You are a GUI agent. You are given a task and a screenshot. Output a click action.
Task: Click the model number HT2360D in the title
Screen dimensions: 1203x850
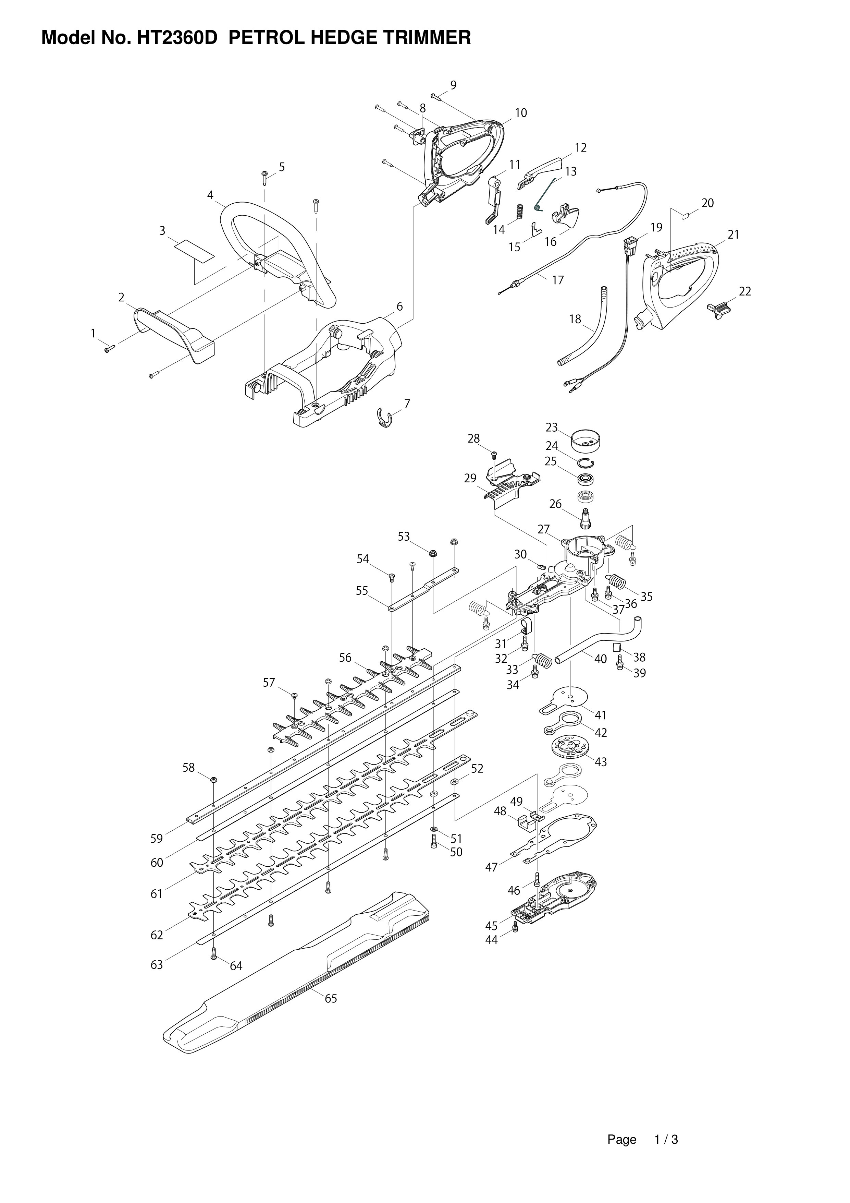coord(177,38)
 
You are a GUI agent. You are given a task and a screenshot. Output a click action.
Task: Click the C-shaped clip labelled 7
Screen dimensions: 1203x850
coord(385,419)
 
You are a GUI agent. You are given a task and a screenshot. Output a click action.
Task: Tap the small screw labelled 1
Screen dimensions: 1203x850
coord(109,348)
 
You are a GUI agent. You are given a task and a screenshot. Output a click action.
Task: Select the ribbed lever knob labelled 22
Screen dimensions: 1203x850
coord(719,309)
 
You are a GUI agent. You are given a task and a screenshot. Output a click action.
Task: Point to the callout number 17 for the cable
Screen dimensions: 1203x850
coord(558,280)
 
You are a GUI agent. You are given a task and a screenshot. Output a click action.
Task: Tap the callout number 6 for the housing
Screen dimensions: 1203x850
coord(399,306)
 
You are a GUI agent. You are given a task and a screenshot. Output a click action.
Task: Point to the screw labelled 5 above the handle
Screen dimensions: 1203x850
coord(264,178)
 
